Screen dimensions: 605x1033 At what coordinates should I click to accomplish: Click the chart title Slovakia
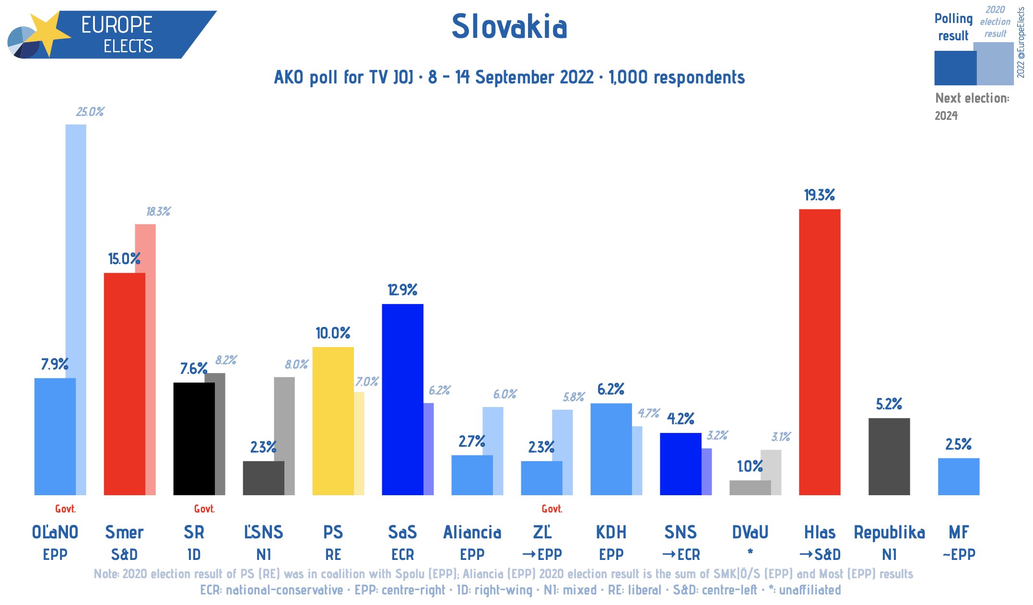[509, 26]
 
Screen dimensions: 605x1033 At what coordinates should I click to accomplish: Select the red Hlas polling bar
[819, 352]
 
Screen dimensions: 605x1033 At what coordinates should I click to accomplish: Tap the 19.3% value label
[819, 195]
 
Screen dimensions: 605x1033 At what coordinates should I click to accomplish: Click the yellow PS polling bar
[333, 421]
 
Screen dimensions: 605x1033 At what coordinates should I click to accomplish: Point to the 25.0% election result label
[90, 112]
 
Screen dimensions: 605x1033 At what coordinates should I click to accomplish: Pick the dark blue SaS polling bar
[402, 399]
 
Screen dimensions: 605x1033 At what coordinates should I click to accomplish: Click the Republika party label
[889, 533]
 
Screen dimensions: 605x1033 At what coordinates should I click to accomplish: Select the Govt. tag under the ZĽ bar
[552, 509]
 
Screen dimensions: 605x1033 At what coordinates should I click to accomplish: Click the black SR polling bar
[194, 439]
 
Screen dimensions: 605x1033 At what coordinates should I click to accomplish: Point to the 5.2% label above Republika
[889, 404]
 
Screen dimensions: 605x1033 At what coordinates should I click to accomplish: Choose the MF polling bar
[958, 477]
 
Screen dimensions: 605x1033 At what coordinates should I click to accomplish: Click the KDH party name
[611, 533]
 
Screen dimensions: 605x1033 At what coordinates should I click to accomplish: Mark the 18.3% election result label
[158, 211]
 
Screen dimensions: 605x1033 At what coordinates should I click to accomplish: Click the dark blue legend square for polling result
[954, 68]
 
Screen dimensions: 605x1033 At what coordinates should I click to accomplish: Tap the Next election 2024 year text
[946, 116]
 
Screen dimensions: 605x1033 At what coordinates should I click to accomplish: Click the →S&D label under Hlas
[820, 555]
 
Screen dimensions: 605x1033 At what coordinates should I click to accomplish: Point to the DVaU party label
[750, 533]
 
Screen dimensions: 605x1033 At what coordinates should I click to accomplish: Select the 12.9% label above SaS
[402, 290]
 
